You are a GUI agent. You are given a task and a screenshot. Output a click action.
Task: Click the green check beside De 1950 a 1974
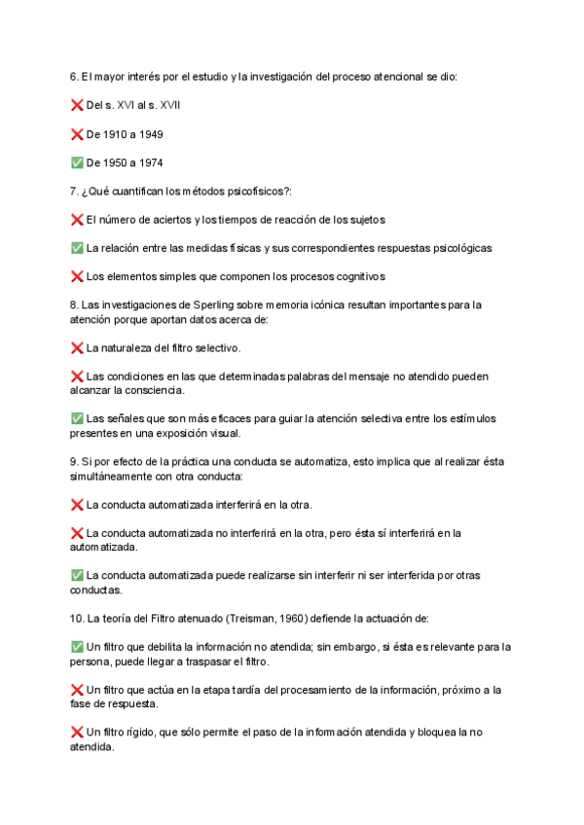coord(77,162)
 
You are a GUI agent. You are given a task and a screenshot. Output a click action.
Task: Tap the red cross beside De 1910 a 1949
coord(77,133)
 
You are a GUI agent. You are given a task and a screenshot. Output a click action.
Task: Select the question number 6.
coord(74,76)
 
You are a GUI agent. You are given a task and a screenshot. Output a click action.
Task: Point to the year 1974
coord(149,162)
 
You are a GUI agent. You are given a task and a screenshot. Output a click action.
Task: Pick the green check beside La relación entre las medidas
coord(77,248)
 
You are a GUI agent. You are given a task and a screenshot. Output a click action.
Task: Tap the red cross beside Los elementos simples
coord(77,276)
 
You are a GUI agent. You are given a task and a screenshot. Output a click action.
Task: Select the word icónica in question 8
coord(353,305)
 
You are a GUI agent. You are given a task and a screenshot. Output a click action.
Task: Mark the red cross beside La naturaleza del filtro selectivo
coord(77,347)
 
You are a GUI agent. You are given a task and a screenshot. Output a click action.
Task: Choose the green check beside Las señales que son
coord(77,418)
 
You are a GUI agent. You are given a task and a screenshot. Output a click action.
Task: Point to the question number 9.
coord(74,461)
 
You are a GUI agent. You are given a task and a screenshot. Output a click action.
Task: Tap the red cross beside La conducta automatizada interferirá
coord(77,504)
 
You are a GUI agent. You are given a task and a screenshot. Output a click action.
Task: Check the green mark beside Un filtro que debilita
coord(77,647)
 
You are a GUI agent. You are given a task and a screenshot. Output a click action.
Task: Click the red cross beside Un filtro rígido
coord(77,733)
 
